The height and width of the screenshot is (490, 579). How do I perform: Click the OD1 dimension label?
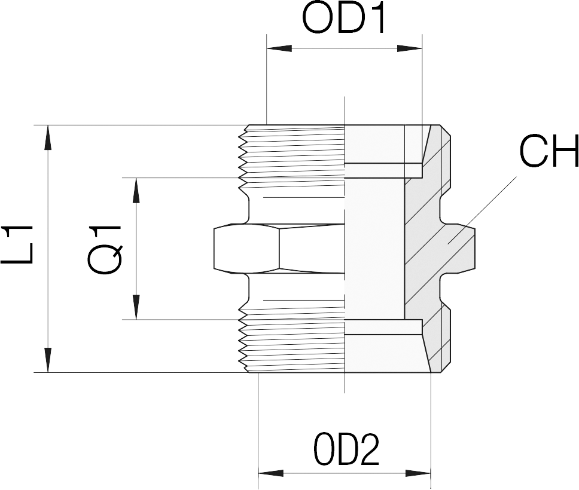tap(344, 19)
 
